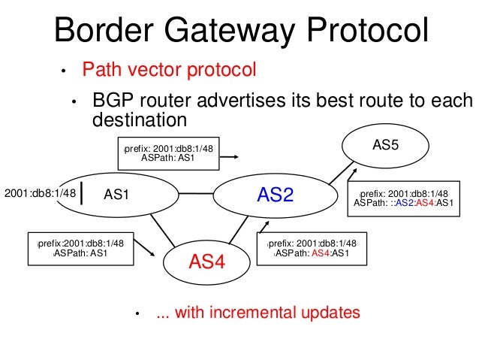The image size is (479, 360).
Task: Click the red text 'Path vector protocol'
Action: tap(169, 71)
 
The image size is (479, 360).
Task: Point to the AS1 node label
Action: tap(117, 195)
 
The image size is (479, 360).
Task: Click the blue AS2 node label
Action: tap(275, 195)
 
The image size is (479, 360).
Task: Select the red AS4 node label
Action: tap(207, 262)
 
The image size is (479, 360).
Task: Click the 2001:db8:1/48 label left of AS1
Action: tap(41, 194)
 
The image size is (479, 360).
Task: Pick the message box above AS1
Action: tap(168, 153)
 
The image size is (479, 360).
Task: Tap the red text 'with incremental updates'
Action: tap(258, 313)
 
